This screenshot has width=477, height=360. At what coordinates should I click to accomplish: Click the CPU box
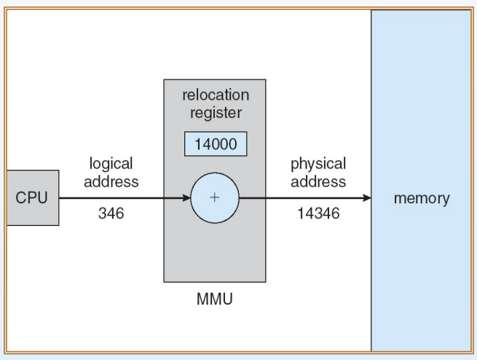[33, 197]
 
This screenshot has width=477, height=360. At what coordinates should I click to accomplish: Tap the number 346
[111, 214]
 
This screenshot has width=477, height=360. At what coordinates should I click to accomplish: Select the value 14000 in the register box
[216, 144]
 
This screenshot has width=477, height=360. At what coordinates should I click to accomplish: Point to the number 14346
[318, 214]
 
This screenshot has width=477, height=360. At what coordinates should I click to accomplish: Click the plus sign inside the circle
[215, 197]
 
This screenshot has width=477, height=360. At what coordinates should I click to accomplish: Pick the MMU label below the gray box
[215, 299]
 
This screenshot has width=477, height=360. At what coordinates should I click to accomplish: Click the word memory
[422, 198]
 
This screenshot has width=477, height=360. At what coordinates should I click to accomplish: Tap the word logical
[111, 164]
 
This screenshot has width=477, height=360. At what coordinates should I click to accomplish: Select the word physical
[318, 164]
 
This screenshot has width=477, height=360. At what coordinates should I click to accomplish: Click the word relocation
[216, 95]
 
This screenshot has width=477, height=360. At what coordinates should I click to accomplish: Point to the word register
[216, 113]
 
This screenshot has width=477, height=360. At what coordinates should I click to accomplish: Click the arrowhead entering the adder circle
[186, 198]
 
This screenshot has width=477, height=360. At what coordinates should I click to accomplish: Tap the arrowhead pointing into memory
[367, 198]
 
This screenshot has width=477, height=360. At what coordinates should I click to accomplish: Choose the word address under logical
[111, 181]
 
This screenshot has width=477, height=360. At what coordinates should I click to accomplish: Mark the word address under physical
[318, 181]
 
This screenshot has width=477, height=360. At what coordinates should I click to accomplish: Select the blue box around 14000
[216, 144]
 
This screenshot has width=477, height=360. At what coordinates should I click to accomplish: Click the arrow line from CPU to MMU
[125, 198]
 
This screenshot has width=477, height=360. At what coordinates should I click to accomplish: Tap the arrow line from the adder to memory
[305, 198]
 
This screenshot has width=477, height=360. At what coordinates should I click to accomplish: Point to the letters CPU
[31, 197]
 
